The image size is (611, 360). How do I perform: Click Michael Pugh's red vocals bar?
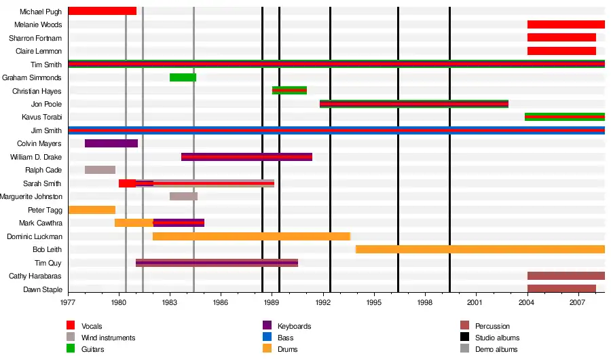(102, 11)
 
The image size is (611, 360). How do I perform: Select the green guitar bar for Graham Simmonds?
(183, 77)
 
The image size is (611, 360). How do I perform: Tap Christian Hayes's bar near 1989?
(289, 90)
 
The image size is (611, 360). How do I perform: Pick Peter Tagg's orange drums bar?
(92, 210)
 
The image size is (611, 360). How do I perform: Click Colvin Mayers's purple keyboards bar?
(111, 143)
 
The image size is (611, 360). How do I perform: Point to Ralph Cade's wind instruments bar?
(100, 170)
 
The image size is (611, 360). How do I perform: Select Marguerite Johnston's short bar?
(183, 196)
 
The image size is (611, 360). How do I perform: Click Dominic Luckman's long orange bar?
(251, 236)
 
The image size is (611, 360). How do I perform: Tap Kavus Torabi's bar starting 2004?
(564, 117)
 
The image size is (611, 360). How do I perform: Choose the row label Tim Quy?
(48, 263)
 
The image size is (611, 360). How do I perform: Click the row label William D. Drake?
(36, 157)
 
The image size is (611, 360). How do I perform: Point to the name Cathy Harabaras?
(35, 276)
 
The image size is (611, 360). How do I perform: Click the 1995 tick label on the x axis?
(374, 302)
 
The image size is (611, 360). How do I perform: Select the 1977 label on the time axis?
(68, 302)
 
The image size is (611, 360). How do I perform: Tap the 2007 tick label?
(578, 302)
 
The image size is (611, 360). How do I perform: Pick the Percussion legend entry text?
(492, 327)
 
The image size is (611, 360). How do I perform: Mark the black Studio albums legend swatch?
(464, 338)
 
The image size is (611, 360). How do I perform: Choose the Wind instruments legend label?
(108, 338)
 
